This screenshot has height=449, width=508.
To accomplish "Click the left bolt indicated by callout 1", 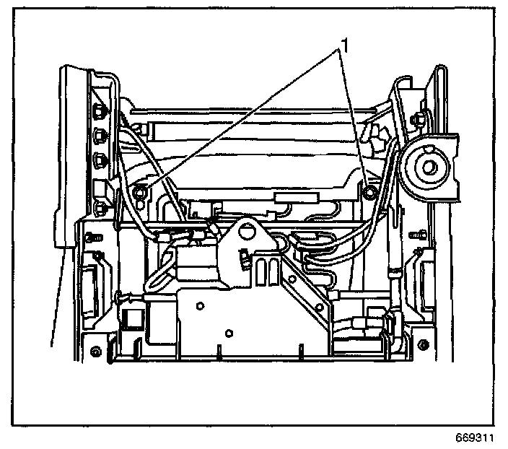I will pos(141,192).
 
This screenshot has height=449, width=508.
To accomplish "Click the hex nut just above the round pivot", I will pos(418,117).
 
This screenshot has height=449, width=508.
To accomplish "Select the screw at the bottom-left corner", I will pos(96,352).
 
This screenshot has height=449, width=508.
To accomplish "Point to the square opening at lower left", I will pos(131,317).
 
